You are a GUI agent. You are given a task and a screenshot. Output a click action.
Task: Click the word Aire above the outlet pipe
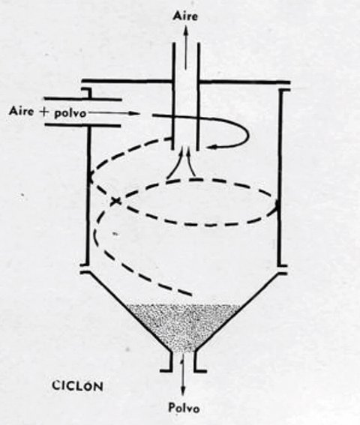[185, 16]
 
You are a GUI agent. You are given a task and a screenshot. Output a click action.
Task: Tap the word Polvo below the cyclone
[184, 407]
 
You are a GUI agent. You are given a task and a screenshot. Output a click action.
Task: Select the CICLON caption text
[77, 386]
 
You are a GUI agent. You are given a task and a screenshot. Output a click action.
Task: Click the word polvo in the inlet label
[70, 113]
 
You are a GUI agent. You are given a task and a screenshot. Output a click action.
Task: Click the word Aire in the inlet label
[22, 111]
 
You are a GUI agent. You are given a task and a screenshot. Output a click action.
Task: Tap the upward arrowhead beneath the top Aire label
[186, 29]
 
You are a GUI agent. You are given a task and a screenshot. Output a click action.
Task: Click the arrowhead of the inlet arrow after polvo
[133, 113]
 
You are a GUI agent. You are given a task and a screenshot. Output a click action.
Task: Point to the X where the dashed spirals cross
[115, 201]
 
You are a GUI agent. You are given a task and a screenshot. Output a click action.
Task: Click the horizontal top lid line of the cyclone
[186, 81]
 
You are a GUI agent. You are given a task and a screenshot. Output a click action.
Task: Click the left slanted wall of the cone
[125, 312]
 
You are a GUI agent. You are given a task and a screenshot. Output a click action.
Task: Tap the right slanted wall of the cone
[242, 312]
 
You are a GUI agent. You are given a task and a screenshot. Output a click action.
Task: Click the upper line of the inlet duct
[82, 99]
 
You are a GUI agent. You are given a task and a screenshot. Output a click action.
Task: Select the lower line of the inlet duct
[82, 125]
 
